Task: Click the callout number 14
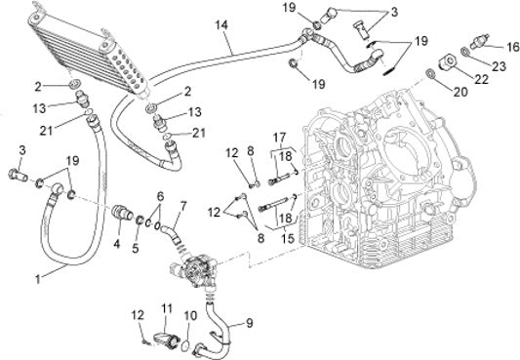point(221,24)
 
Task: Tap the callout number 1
point(38,279)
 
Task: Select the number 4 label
point(116,244)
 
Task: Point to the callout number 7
point(182,207)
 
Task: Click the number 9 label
point(249,322)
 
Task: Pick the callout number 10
point(190,315)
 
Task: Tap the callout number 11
point(167,308)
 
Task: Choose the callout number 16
point(513,47)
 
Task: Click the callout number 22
point(482,79)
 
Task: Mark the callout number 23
point(499,66)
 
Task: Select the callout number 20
point(460,92)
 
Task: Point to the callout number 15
point(287,238)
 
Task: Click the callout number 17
point(279,137)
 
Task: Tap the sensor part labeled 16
point(477,40)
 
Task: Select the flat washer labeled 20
point(430,73)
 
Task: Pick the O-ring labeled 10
point(184,345)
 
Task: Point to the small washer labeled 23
point(465,51)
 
